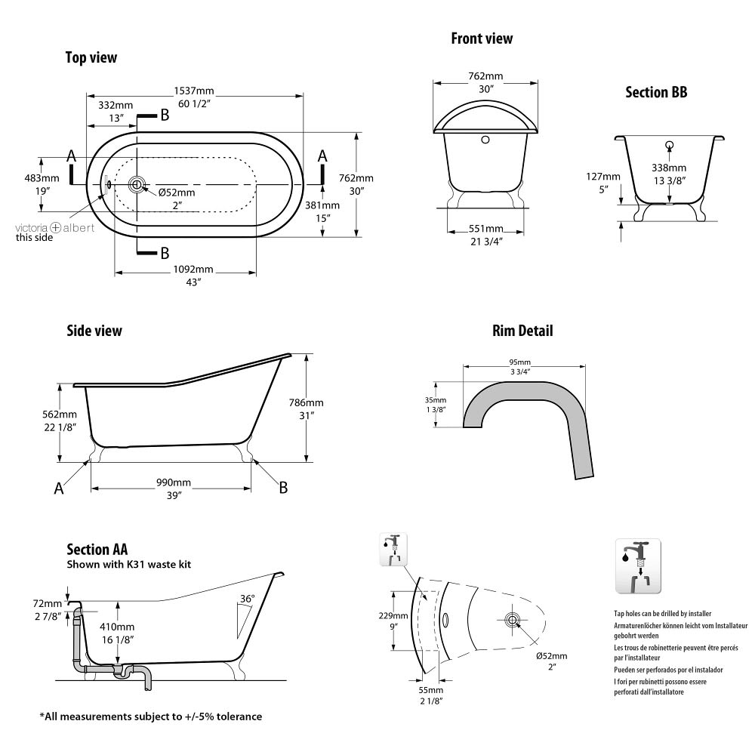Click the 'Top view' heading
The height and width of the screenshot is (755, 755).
pos(91,57)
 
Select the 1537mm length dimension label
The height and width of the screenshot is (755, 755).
pos(193,91)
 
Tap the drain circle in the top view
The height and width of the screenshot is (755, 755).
pos(137,183)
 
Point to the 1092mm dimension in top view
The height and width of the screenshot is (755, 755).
pos(194,270)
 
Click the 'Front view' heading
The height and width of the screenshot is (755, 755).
pos(482,39)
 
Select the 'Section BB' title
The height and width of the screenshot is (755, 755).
pos(656,93)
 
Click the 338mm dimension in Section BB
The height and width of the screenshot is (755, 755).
pos(670,168)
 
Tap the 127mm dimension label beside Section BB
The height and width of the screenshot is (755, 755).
pos(602,177)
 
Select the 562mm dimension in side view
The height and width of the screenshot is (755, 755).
pos(60,414)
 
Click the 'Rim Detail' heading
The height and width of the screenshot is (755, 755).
pos(522,331)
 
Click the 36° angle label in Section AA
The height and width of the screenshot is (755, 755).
pos(247,599)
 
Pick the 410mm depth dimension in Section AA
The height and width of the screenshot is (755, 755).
pos(119,627)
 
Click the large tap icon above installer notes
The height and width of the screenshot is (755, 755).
pos(638,567)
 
